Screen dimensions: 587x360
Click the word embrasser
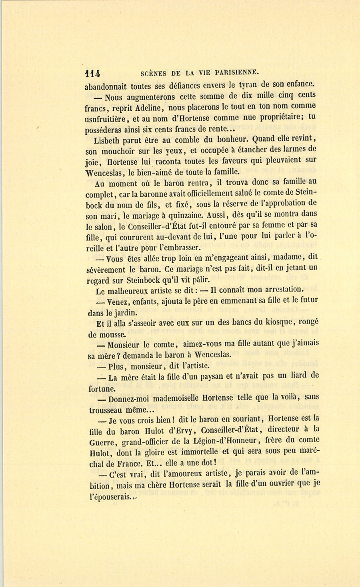click(x=176, y=247)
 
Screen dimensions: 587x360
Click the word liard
click(x=298, y=375)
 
